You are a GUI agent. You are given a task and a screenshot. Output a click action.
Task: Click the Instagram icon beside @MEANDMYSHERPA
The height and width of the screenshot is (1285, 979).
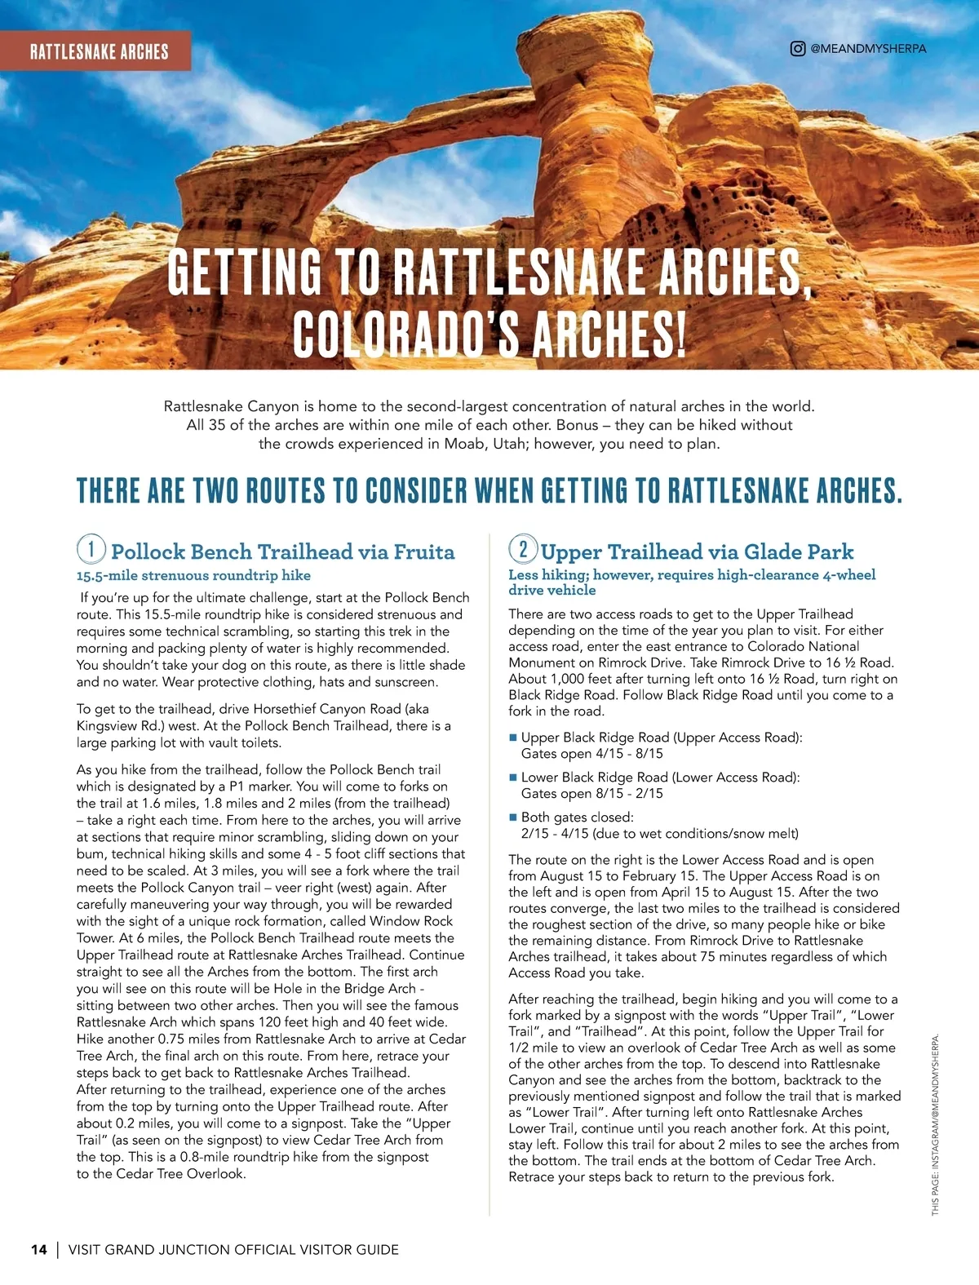tap(798, 48)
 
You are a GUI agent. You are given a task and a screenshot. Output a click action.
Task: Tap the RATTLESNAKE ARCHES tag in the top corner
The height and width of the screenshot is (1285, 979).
tap(99, 51)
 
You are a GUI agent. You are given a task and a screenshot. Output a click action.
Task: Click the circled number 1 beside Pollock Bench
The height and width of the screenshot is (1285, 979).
tap(91, 548)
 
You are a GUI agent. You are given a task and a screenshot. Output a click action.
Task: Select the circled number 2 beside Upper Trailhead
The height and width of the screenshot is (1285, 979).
tap(523, 548)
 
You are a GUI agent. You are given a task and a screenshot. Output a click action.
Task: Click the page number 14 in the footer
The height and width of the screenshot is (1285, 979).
tap(39, 1249)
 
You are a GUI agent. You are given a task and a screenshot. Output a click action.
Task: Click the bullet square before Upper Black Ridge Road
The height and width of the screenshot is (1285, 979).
tap(513, 738)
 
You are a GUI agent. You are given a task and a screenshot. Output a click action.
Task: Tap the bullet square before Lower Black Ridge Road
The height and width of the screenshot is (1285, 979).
tap(513, 778)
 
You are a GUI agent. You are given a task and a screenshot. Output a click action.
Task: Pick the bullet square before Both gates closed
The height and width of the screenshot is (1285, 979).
tap(513, 818)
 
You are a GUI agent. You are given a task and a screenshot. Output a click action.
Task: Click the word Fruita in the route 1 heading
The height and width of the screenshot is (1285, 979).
tap(424, 552)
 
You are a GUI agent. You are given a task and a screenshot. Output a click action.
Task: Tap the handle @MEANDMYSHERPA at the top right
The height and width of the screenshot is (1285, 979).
tap(868, 49)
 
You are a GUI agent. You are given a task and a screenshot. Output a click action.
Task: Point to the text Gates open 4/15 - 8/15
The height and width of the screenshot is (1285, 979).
tap(591, 754)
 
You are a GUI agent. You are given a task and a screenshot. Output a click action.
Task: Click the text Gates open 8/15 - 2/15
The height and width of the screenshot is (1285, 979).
tap(591, 794)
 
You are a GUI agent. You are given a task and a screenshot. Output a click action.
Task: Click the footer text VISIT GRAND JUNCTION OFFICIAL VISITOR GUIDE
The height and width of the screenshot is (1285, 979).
tap(233, 1249)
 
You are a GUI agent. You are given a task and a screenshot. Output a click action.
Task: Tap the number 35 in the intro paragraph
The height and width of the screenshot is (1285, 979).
tap(216, 425)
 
